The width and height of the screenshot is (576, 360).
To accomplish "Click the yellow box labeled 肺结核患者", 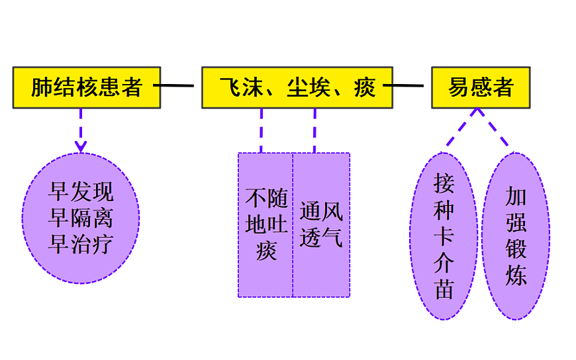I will pyautogui.click(x=87, y=87).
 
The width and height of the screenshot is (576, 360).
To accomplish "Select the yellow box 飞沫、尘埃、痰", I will pyautogui.click(x=297, y=87).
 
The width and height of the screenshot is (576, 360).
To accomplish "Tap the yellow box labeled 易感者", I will pyautogui.click(x=481, y=87).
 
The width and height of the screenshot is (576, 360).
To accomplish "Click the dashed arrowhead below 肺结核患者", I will pyautogui.click(x=81, y=146).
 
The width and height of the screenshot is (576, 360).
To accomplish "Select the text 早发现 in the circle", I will pyautogui.click(x=81, y=192).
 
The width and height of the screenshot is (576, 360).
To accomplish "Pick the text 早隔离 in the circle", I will pyautogui.click(x=81, y=218).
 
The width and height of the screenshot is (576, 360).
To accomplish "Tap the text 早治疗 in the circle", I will pyautogui.click(x=81, y=245).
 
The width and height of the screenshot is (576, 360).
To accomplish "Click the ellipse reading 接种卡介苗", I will pyautogui.click(x=444, y=236).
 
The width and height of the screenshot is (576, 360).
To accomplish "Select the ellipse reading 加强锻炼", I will pyautogui.click(x=516, y=236).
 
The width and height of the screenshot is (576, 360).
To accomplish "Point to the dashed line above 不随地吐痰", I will pyautogui.click(x=261, y=130).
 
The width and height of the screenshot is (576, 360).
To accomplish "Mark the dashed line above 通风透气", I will pyautogui.click(x=314, y=130).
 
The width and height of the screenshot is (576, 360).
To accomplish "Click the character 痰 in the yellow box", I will pyautogui.click(x=365, y=87).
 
